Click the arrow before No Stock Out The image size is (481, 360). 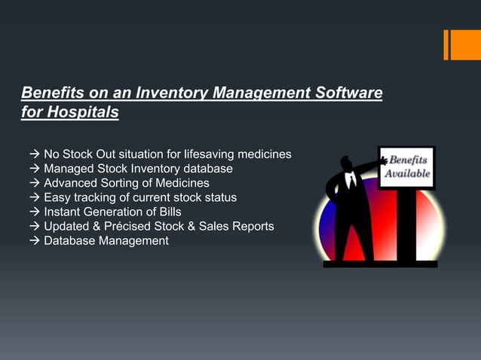[x=34, y=154]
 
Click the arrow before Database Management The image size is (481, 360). [x=34, y=240]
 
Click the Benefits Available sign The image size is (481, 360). [x=407, y=167]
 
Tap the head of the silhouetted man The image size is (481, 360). [x=347, y=162]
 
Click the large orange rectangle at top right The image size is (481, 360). [x=465, y=44]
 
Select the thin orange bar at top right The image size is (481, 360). [x=446, y=44]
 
